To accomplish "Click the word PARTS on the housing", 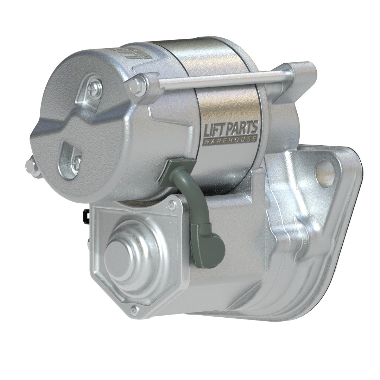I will tap(242, 128).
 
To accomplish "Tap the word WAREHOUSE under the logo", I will tap(230, 140).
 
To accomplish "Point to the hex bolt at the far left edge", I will tap(32, 167).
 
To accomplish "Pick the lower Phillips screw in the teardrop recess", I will tap(76, 161).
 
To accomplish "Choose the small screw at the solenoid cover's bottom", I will tap(134, 310).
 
